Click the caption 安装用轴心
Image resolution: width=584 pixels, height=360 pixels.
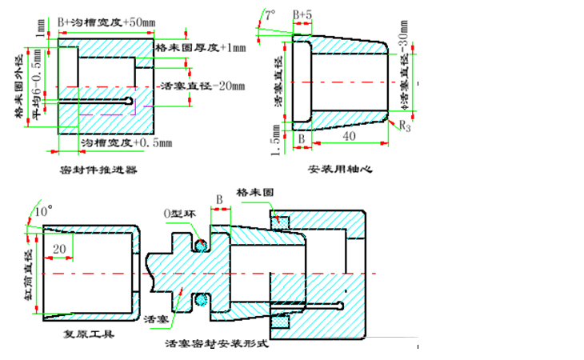click(x=340, y=170)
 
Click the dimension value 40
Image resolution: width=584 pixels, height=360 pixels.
click(x=348, y=137)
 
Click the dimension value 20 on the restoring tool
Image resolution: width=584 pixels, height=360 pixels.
click(x=59, y=250)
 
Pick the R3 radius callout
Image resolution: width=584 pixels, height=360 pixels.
click(x=405, y=126)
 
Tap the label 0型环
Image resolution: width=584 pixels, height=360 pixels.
click(x=178, y=214)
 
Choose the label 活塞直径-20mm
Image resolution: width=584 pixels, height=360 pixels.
click(x=202, y=86)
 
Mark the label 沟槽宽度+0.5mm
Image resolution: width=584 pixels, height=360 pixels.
click(x=127, y=143)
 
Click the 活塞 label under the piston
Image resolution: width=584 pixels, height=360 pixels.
click(x=154, y=319)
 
